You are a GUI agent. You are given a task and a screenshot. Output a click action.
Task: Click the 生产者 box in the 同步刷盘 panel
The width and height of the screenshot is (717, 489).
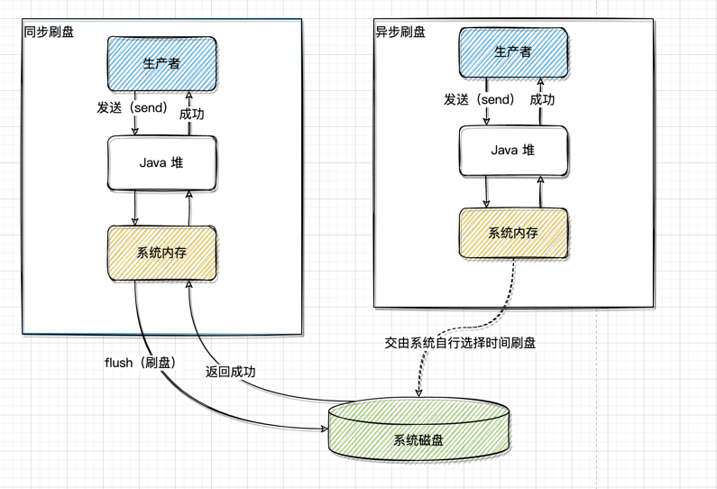(x=161, y=63)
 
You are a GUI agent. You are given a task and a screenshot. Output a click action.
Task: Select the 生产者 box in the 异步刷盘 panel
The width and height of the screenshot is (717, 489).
(x=513, y=51)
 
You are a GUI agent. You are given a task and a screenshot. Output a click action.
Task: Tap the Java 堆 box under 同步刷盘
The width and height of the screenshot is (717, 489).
(x=161, y=163)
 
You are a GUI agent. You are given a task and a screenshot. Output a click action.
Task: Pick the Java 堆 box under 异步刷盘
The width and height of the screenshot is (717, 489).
(x=513, y=151)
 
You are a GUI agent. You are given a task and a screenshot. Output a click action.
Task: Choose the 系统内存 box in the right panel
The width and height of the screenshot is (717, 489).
(x=513, y=233)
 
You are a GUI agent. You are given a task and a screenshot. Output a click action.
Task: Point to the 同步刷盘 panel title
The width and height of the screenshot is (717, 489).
(x=50, y=32)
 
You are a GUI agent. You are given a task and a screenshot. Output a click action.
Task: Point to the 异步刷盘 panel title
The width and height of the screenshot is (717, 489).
(x=400, y=32)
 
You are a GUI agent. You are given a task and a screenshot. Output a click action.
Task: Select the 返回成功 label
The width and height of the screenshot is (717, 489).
(x=230, y=370)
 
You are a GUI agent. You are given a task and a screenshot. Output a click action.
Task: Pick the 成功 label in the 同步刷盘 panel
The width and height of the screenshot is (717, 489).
(x=191, y=114)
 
